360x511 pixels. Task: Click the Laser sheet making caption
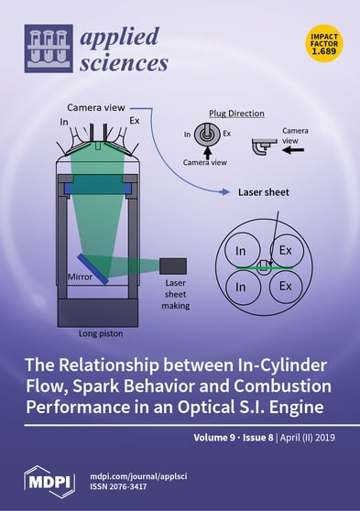click(176, 295)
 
